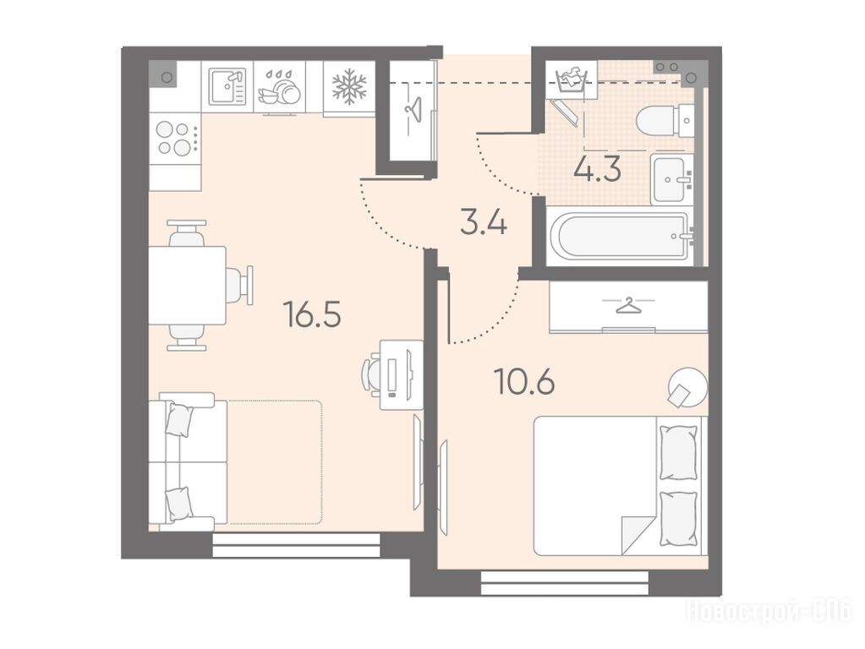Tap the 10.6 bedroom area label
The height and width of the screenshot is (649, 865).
(x=524, y=382)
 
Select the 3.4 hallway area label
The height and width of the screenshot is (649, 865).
(x=484, y=223)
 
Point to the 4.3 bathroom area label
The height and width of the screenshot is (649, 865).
(x=598, y=168)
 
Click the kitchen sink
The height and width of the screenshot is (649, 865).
(x=227, y=86)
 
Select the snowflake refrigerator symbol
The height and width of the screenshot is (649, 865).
(x=348, y=87)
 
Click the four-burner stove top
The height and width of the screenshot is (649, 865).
(x=175, y=139)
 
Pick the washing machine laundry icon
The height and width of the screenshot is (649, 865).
(x=571, y=81)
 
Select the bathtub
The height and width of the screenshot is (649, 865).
(x=624, y=236)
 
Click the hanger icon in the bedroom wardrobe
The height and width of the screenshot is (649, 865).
(x=628, y=304)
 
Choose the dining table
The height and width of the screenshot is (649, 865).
(x=188, y=285)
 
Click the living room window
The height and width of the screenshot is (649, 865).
(x=296, y=545)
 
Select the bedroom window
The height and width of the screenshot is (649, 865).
(x=564, y=582)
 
